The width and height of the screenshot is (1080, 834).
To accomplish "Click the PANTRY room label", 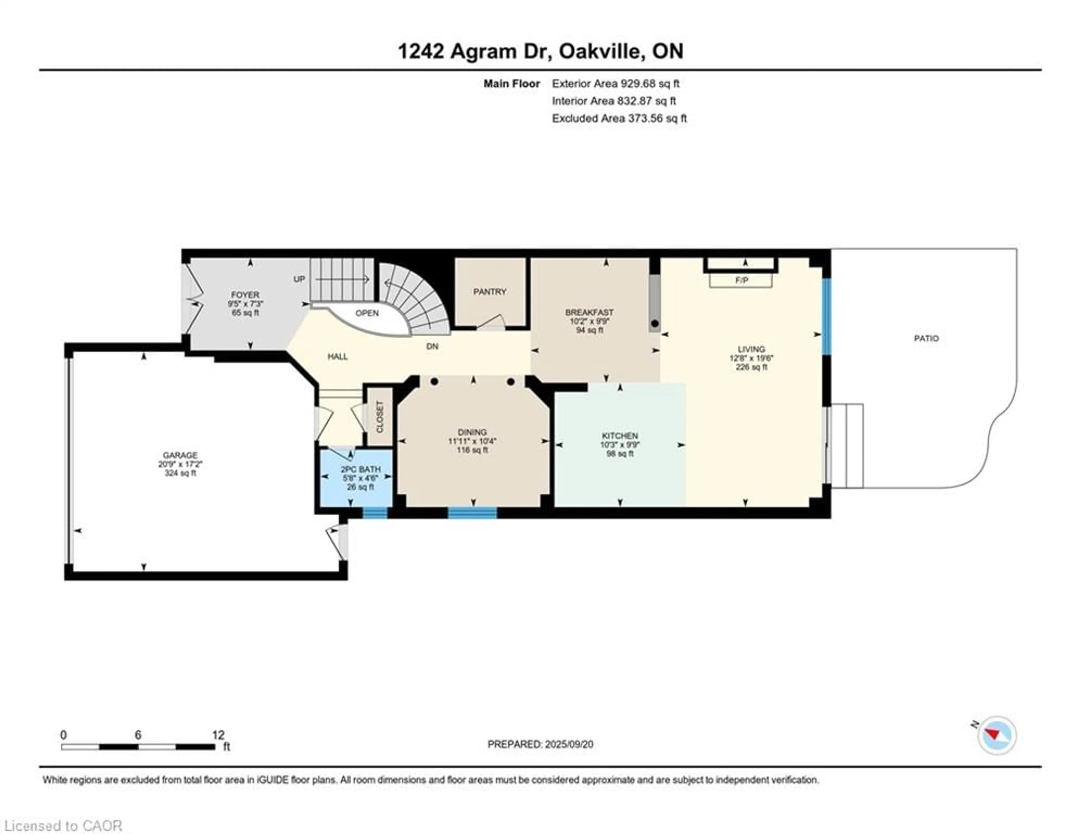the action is click(490, 292).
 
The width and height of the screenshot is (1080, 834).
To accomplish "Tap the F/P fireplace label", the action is click(741, 281).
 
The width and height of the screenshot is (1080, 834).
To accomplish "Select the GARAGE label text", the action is click(180, 455).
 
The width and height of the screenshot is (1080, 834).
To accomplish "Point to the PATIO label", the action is click(926, 338).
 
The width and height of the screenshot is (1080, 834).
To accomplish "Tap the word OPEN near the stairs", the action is click(367, 313).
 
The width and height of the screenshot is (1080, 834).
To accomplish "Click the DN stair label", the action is click(432, 346).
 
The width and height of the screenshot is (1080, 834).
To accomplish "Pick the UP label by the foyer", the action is click(299, 279).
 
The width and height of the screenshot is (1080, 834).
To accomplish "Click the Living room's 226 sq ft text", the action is click(751, 367).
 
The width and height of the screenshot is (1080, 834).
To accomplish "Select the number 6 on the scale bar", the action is click(138, 735).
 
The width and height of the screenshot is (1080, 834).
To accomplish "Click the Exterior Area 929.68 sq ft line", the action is click(616, 84).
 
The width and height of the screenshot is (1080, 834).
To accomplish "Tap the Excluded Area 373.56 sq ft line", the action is click(619, 118).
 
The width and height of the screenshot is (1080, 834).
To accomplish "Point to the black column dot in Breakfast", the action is click(655, 324).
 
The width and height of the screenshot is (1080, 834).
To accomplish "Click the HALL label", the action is click(338, 357).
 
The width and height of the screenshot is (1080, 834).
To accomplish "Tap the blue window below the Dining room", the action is click(472, 513).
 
